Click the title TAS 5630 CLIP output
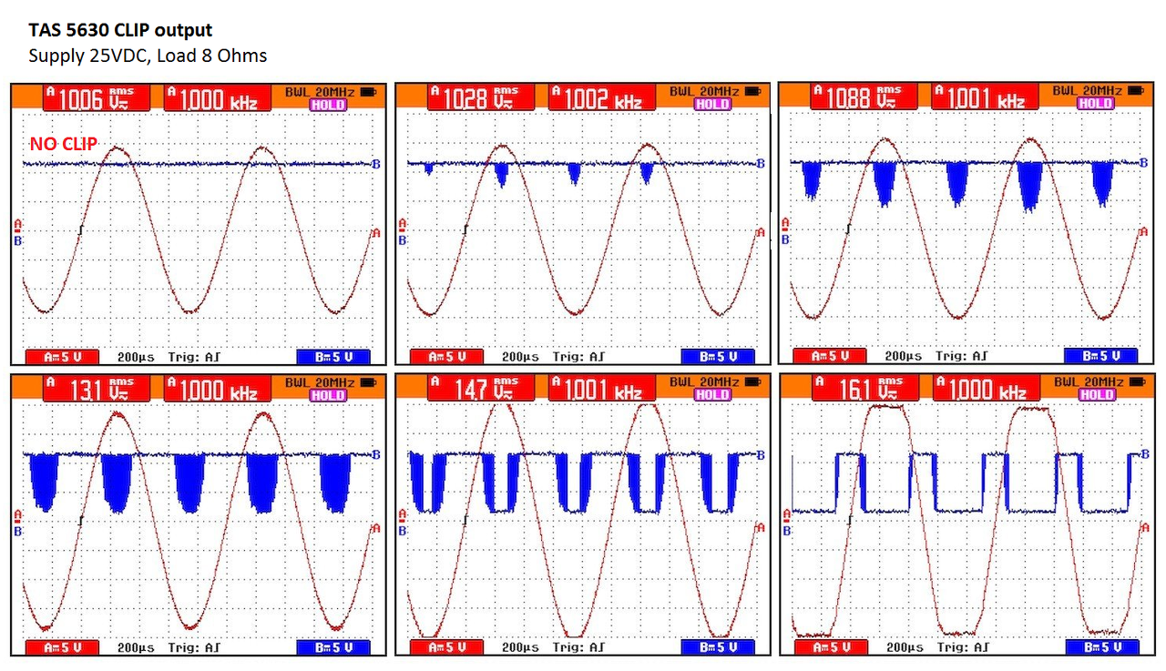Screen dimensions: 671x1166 point(120,31)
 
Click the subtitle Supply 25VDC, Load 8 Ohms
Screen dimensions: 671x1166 point(148,56)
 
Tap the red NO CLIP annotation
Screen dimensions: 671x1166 point(64,143)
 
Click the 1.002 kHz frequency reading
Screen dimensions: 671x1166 point(596,97)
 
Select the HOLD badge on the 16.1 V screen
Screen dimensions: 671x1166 point(1096,395)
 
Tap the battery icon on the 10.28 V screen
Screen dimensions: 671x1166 point(752,91)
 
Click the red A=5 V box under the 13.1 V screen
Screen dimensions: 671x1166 point(60,647)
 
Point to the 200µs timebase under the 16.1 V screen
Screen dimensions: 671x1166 point(904,647)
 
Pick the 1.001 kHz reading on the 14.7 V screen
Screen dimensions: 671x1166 point(596,390)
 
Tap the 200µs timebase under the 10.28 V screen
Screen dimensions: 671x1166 point(520,356)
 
